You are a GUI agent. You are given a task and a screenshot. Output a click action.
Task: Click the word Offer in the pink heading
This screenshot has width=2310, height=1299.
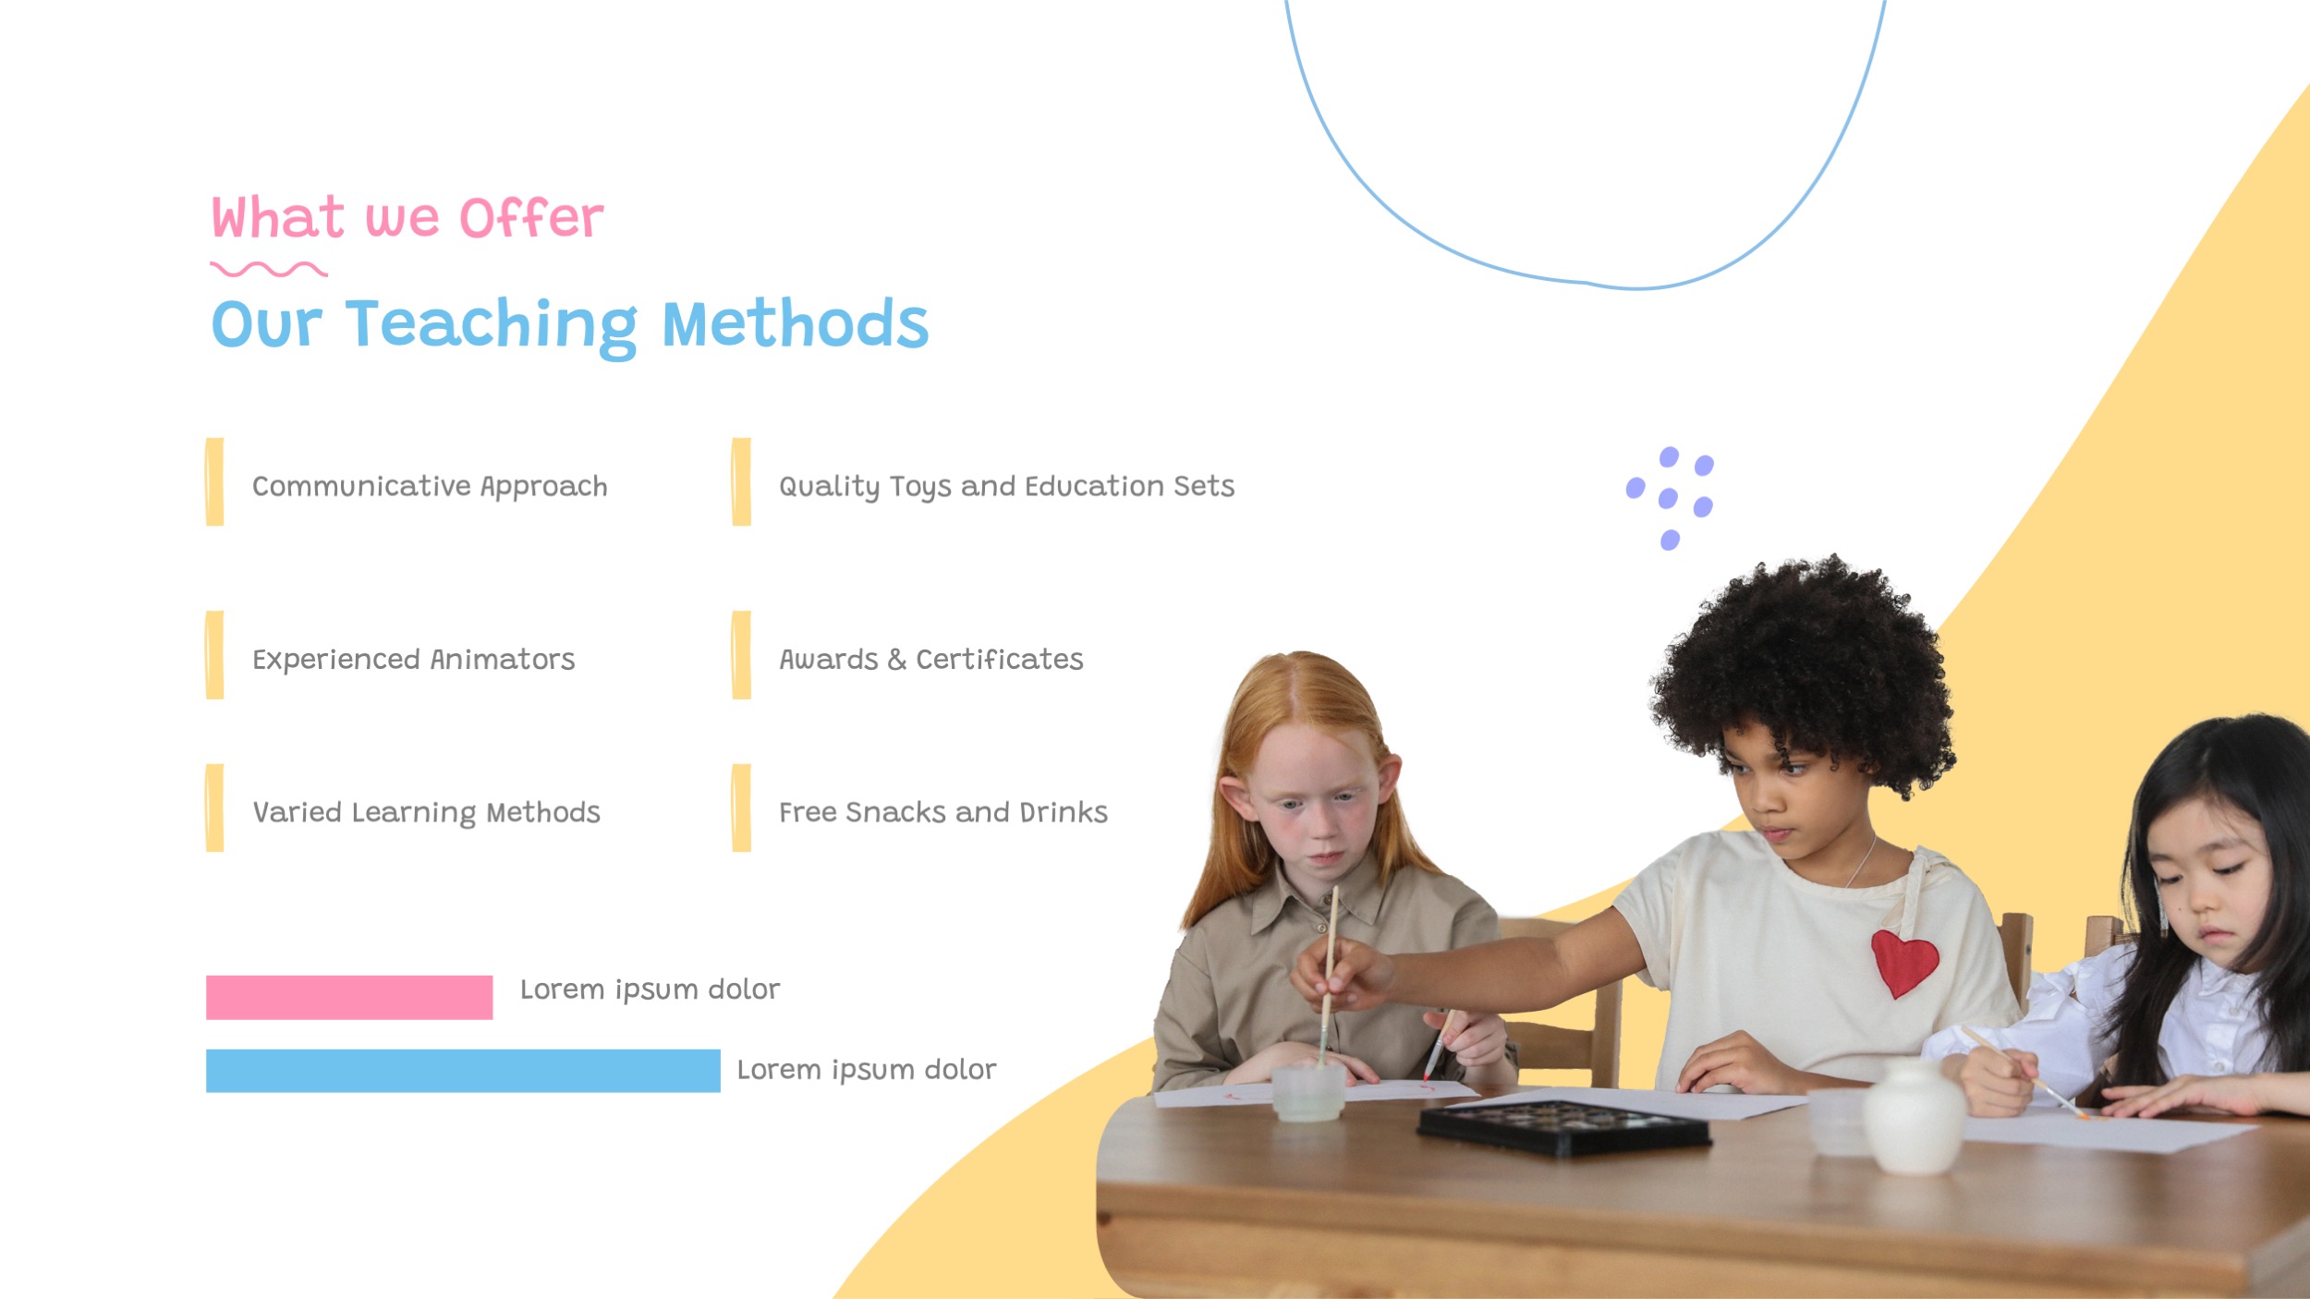[x=531, y=219]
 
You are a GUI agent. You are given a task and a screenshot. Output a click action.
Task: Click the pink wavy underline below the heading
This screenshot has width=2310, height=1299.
[x=268, y=270]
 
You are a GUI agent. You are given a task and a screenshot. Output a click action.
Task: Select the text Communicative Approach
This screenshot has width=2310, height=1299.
[x=430, y=486]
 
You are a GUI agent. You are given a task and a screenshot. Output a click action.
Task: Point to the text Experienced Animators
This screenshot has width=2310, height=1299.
[x=413, y=659]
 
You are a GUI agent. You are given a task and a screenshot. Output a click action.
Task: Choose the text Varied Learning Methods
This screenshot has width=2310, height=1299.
[x=426, y=812]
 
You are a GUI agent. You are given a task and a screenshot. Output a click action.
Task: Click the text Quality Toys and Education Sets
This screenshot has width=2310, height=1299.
[x=1006, y=486]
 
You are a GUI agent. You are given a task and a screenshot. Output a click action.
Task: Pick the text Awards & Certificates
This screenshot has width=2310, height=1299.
[x=930, y=659]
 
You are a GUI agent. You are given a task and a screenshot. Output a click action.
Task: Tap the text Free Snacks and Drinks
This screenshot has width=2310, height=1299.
[x=942, y=812]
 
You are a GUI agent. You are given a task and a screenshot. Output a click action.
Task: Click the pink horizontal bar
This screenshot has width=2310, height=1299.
[x=348, y=997]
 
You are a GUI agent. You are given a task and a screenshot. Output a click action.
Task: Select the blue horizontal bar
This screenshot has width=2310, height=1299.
[x=462, y=1070]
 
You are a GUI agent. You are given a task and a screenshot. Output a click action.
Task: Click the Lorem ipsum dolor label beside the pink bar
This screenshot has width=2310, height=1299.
[x=650, y=989]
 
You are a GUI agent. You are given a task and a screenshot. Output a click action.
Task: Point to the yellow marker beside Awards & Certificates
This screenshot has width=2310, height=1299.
[x=741, y=655]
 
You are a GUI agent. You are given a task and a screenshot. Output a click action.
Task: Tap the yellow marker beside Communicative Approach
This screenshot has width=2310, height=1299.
[x=214, y=482]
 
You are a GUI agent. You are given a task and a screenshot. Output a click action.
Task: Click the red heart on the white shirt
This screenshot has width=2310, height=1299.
[x=1903, y=963]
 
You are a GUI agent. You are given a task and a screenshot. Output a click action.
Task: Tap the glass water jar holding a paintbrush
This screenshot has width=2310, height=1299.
[x=1307, y=1093]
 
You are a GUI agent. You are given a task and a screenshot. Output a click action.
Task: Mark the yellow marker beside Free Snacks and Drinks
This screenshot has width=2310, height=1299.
[x=741, y=808]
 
